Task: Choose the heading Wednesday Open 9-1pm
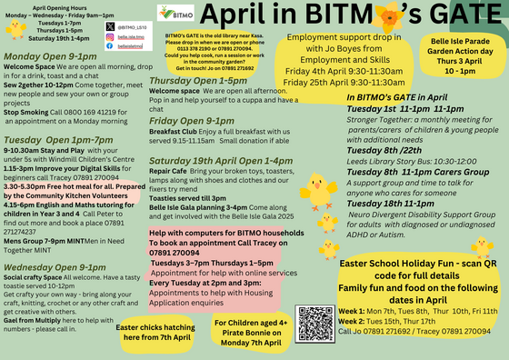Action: point(56,269)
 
